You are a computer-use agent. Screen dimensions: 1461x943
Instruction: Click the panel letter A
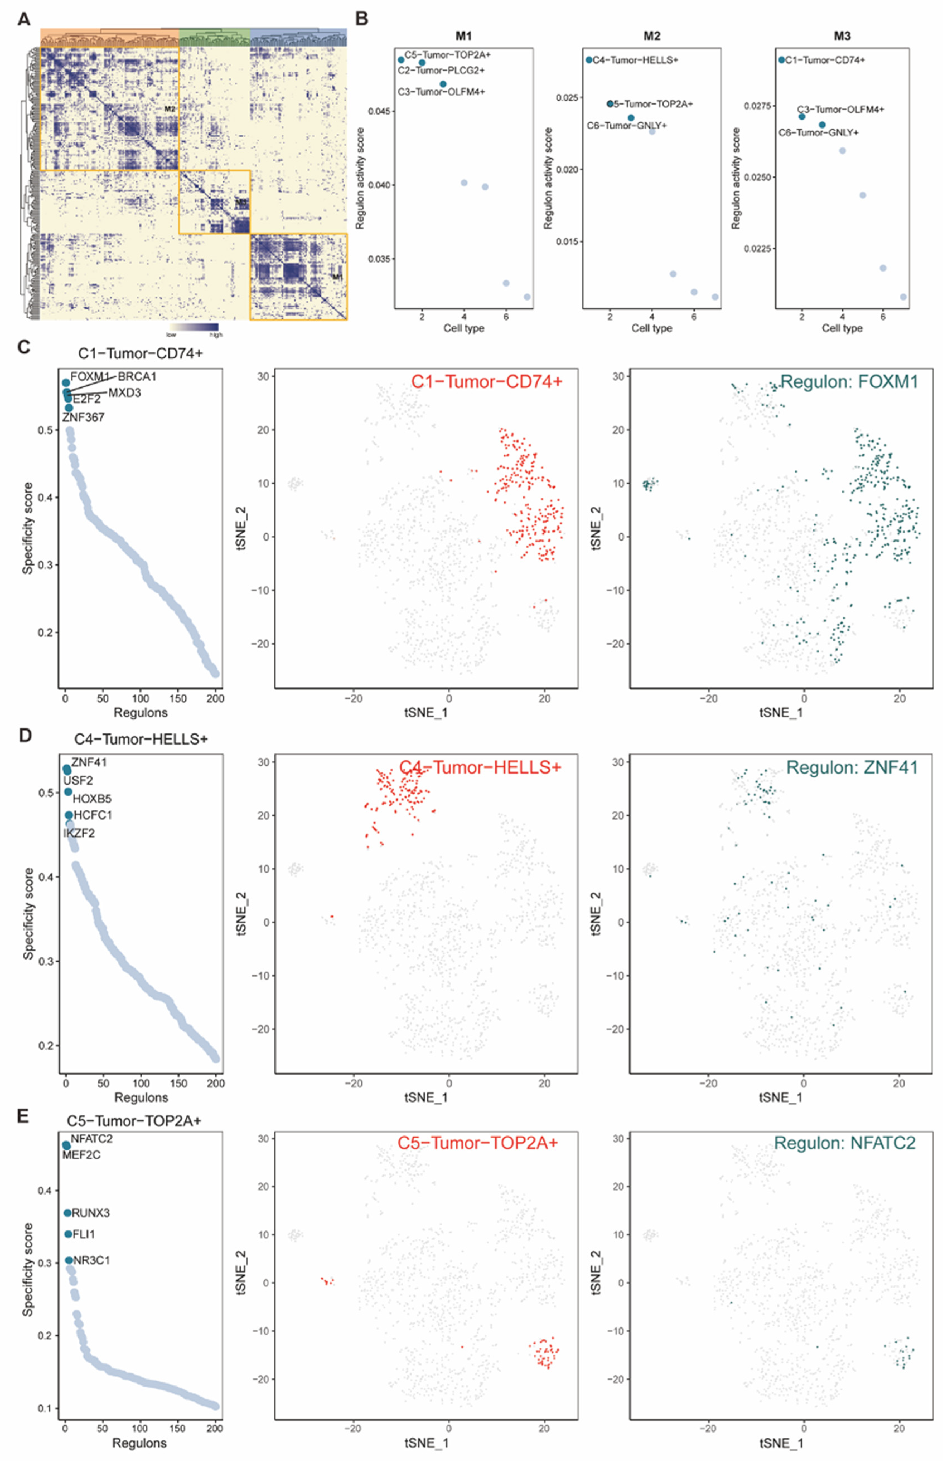pyautogui.click(x=24, y=20)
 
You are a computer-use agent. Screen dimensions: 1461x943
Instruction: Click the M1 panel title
pyautogui.click(x=463, y=36)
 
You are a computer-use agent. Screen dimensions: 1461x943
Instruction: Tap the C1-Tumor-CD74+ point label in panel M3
pyautogui.click(x=825, y=60)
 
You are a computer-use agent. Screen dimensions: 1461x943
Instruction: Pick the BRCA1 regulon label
pyautogui.click(x=137, y=376)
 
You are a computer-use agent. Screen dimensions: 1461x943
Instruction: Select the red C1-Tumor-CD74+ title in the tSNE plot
pyautogui.click(x=486, y=382)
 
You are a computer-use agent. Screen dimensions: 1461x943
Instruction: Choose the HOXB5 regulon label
pyautogui.click(x=92, y=799)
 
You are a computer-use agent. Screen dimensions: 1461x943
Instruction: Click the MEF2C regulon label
pyautogui.click(x=81, y=1155)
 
